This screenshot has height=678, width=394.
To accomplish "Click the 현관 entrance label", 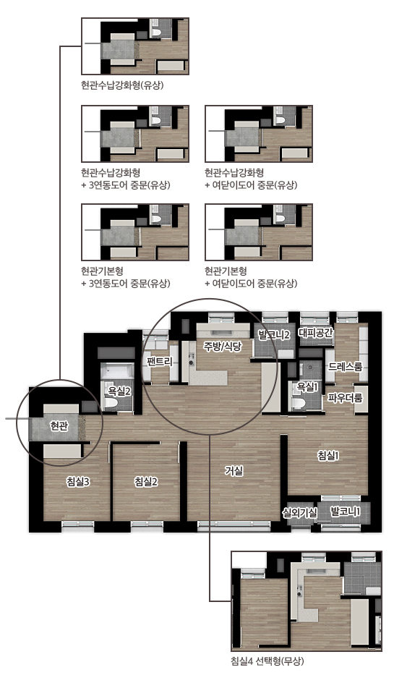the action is (59, 426).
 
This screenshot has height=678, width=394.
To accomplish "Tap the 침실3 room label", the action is (78, 481).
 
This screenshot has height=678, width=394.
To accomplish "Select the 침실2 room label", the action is (146, 481).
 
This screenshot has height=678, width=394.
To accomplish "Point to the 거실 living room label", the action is (234, 471).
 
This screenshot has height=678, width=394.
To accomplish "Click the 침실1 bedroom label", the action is (328, 455).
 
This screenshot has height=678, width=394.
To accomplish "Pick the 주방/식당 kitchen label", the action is (223, 346).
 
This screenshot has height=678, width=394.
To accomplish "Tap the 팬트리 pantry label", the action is (160, 362).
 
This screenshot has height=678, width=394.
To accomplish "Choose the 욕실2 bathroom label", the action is (119, 391).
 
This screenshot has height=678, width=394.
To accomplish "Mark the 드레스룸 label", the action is (346, 367).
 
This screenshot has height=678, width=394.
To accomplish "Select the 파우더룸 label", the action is (345, 397).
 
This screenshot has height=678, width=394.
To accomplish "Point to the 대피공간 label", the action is (316, 333).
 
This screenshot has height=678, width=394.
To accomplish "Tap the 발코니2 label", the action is (274, 334).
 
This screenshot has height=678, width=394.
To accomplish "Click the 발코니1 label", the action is (346, 512).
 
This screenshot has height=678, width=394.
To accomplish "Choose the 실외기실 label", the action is (300, 513).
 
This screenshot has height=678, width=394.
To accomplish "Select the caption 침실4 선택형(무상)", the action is (268, 661).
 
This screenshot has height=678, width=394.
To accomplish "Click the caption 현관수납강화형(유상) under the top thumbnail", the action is (123, 85).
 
